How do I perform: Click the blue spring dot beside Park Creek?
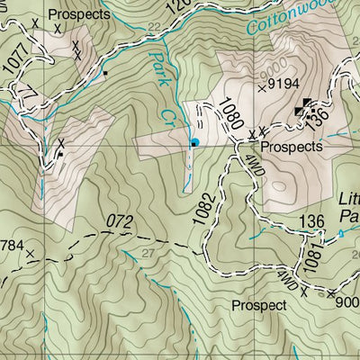click(x=193, y=142)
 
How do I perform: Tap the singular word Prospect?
click(x=258, y=305)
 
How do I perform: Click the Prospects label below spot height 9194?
click(x=291, y=146)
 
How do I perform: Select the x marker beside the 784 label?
click(x=31, y=255)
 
